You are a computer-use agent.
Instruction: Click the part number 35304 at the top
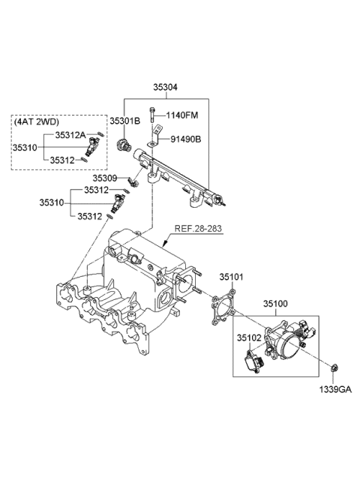point(166,88)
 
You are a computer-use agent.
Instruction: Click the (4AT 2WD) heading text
point(37,121)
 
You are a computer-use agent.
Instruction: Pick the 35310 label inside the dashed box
point(25,148)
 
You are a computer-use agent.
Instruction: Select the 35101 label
point(232,277)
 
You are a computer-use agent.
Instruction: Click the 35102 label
point(249,337)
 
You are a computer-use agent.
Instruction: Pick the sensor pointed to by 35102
point(254,364)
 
